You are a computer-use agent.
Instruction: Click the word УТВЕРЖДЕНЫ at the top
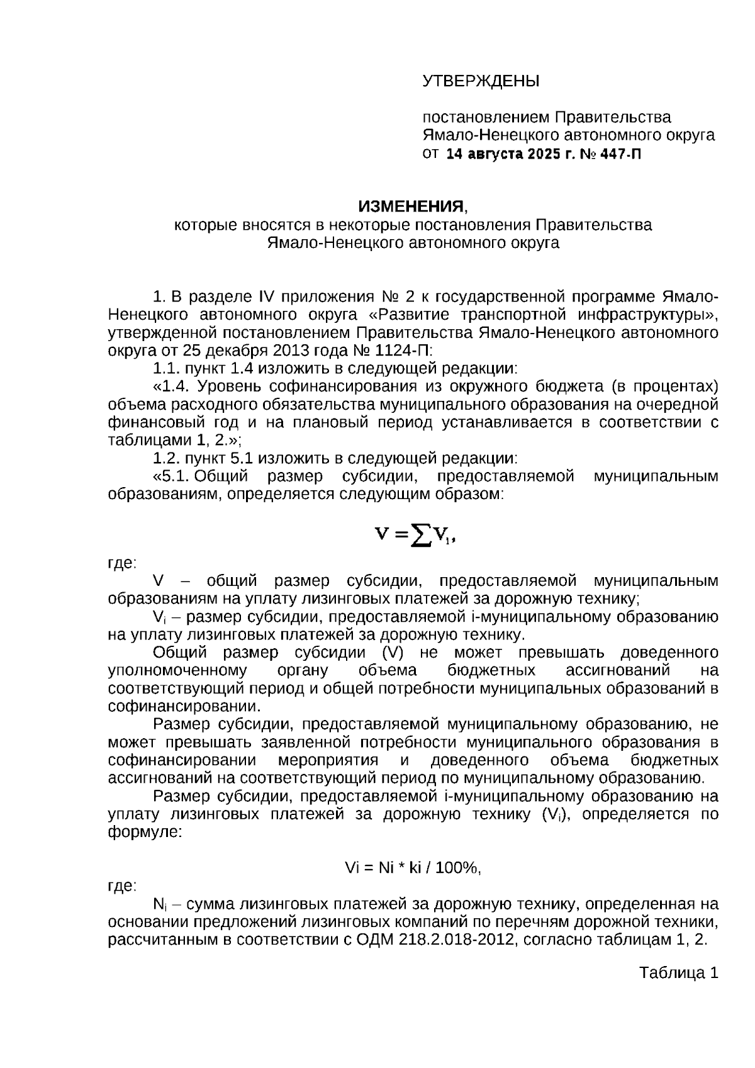[481, 81]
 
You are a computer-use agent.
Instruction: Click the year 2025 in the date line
[539, 154]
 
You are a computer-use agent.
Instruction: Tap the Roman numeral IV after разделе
[264, 296]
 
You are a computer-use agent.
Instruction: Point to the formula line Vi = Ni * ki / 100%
[413, 868]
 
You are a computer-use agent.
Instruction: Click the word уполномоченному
[177, 670]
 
